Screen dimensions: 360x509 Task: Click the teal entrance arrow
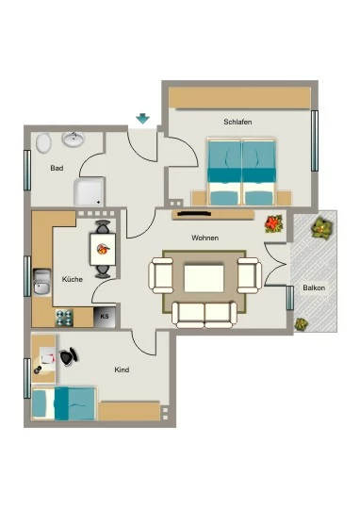(143, 119)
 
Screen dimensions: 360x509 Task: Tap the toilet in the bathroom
(43, 143)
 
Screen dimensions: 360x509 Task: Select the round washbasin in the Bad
(74, 140)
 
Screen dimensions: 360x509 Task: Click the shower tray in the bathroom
(90, 192)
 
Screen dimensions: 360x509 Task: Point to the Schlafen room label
(237, 122)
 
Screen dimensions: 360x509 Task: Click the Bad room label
(57, 168)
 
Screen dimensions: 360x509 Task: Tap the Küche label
(73, 279)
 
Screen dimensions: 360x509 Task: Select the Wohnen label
(205, 238)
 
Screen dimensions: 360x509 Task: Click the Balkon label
(314, 287)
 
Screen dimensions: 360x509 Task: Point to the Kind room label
(122, 369)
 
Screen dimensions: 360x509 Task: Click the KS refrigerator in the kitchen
(105, 317)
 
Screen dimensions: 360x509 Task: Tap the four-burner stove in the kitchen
(64, 318)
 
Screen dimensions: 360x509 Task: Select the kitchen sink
(42, 282)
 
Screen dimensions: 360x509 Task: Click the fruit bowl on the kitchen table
(104, 249)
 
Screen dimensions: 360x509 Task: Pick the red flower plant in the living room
(273, 224)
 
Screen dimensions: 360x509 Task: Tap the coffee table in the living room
(204, 278)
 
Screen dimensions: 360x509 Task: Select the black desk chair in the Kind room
(69, 356)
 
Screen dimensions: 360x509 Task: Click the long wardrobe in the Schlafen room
(239, 97)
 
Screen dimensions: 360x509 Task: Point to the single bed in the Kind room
(65, 403)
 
